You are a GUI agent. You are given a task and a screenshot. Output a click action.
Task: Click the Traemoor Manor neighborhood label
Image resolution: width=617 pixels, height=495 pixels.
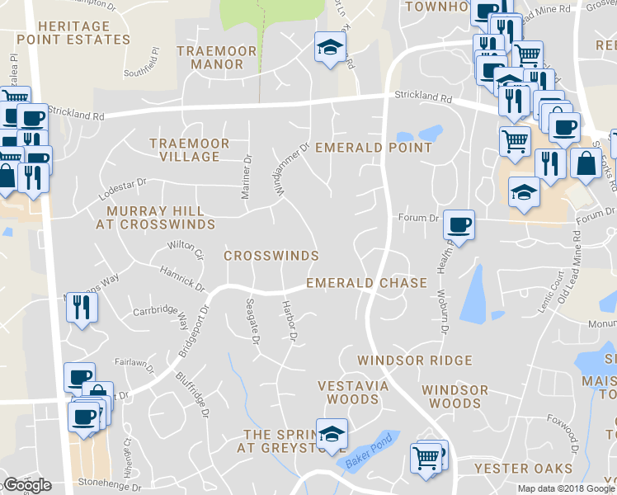pos(222,57)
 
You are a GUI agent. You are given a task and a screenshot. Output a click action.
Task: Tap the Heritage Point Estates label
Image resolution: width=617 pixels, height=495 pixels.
pos(73,33)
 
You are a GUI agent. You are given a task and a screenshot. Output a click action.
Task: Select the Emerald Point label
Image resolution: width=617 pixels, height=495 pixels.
pos(374,148)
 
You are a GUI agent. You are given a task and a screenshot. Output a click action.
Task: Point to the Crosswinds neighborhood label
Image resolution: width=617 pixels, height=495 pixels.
pos(271,256)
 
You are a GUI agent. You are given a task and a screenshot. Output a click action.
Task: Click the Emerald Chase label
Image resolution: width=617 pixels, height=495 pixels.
pos(366,283)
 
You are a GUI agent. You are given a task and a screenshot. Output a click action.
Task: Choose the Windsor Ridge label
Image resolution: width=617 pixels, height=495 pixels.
pos(414,361)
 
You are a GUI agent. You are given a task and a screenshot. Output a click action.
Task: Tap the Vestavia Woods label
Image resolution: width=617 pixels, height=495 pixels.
pos(348,392)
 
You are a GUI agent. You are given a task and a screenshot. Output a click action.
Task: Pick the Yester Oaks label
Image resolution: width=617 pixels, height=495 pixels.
pos(523,469)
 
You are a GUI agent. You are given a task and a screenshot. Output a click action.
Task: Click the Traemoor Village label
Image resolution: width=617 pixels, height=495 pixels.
pos(189,149)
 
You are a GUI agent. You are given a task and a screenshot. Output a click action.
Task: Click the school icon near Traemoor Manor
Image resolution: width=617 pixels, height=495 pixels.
pos(329,49)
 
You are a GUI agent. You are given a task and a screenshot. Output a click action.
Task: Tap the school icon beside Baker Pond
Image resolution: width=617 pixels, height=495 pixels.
pos(332,434)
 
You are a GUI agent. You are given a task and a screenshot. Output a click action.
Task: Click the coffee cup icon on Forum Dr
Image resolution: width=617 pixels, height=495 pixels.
pos(459,224)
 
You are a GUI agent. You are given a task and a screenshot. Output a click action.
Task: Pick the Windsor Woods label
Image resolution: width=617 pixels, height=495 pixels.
pos(455,397)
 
